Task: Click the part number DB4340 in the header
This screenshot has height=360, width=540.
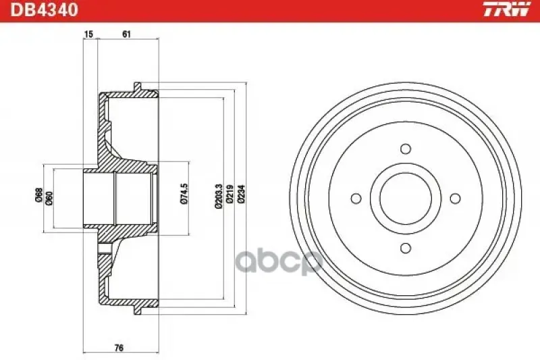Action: point(45,10)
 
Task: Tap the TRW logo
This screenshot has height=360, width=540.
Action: point(506,9)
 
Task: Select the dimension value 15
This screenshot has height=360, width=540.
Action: point(88,34)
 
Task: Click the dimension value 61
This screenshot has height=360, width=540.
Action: point(127,34)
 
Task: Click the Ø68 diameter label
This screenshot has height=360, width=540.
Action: point(39,195)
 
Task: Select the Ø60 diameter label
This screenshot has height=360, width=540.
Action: point(49,198)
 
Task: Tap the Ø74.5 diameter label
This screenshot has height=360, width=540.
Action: point(184,194)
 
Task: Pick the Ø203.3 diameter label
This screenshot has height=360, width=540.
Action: point(218,197)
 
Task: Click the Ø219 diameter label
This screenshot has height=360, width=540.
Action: point(230,196)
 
